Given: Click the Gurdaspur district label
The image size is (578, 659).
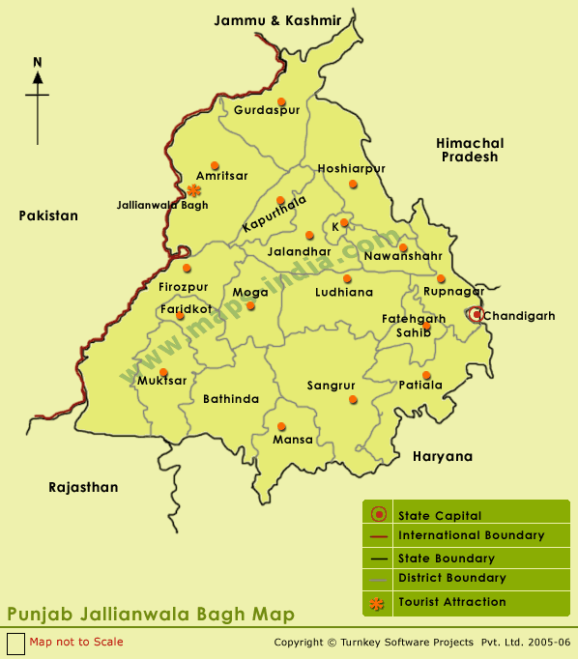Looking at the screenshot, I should coord(267,110).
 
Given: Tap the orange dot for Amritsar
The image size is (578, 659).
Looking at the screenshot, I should coord(215,164).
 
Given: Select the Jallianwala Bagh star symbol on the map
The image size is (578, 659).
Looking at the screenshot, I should coord(194,190).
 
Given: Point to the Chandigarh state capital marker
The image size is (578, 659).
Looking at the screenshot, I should coord(475,314).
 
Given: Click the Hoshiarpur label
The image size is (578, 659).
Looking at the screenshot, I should coord(351,168).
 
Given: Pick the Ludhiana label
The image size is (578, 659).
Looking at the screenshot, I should coord(344,292).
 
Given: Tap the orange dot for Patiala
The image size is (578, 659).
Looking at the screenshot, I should coord(426,375).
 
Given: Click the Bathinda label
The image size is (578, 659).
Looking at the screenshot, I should coord(231,398).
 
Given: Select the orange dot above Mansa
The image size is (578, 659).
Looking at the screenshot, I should coord(282,426).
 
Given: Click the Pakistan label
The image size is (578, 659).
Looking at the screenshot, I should coord(48,215).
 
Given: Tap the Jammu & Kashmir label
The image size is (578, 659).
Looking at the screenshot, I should coord(277,20).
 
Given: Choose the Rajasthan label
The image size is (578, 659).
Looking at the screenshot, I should coord(83,487).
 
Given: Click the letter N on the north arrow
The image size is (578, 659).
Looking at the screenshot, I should coord(38,63).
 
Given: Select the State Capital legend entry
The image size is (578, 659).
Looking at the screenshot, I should coord(439,515).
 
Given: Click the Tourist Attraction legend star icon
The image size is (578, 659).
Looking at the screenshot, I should coord(379,603).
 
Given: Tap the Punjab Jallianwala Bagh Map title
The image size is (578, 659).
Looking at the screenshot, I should coord(150,615).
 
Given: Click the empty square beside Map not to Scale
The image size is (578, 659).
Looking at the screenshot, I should coord(15,643).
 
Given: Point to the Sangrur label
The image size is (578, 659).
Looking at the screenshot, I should coord(332,386).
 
